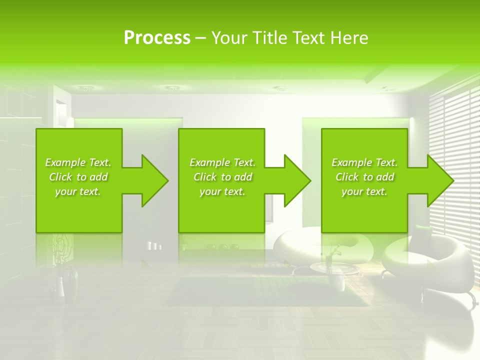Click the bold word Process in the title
(157, 38)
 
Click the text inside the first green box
(78, 177)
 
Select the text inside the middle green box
(222, 177)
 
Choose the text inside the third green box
(364, 177)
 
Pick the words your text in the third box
(364, 191)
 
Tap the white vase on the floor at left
(59, 286)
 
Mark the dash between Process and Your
(201, 38)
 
